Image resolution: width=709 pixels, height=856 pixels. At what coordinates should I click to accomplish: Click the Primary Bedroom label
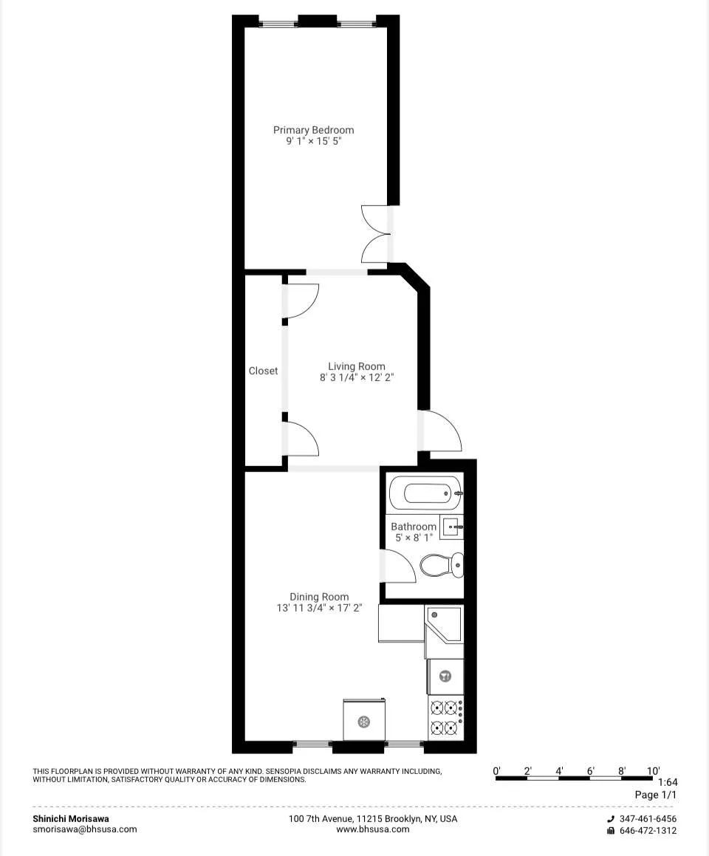click(313, 130)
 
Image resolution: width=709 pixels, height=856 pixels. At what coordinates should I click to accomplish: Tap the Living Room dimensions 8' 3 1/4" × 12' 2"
click(357, 377)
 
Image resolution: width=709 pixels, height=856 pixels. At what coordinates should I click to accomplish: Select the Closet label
click(263, 371)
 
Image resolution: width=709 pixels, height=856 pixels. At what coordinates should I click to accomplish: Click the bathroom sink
click(452, 527)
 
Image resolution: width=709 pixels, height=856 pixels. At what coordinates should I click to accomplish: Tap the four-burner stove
click(445, 717)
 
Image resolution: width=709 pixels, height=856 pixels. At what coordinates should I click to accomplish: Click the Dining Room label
click(319, 597)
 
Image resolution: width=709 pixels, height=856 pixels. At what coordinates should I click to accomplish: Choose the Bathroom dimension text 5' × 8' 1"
click(414, 538)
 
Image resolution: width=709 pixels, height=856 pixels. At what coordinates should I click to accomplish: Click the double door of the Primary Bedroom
click(376, 233)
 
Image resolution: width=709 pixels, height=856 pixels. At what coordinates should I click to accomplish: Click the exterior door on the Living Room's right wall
click(440, 431)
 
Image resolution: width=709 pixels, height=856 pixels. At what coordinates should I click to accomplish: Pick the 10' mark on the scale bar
click(653, 771)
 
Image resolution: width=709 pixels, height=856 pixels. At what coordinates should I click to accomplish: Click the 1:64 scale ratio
click(666, 783)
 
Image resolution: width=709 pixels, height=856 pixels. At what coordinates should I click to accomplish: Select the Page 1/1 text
click(655, 795)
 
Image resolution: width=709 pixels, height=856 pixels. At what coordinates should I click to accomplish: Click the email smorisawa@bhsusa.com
click(84, 829)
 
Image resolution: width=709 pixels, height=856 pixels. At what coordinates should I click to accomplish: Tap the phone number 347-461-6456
click(648, 818)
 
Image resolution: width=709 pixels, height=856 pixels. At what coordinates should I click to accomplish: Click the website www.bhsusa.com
click(372, 829)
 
